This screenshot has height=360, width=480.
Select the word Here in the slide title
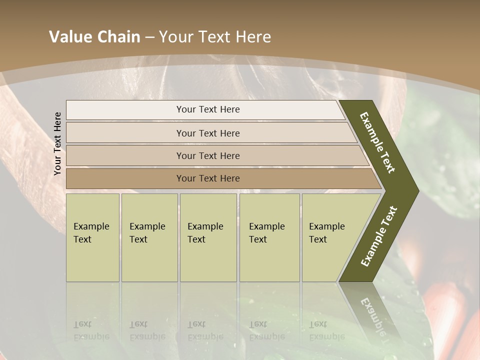253,37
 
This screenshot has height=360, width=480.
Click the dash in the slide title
149,37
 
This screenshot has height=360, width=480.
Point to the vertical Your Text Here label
57,143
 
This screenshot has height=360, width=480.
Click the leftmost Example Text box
92,237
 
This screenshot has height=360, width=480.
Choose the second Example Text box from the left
149,237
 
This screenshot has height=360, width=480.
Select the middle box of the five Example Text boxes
208,237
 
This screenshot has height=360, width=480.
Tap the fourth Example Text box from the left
269,237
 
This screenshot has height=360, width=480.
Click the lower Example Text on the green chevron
379,236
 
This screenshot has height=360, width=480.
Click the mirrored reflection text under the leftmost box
91,330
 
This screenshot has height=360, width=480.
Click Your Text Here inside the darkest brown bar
208,178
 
